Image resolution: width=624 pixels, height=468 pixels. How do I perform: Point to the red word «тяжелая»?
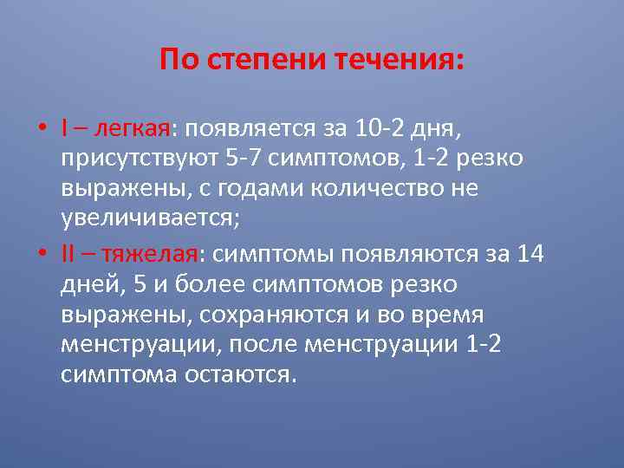(150, 254)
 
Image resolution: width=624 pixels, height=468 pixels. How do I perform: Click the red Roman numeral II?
(70, 254)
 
